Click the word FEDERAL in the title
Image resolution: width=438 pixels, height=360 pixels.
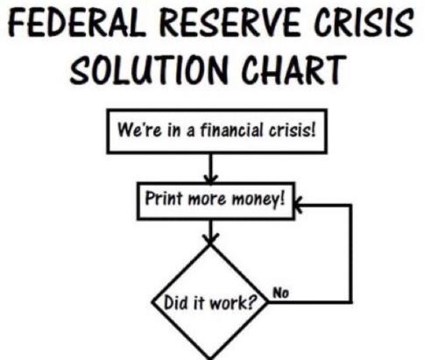point(76,23)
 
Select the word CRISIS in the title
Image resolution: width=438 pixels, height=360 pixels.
point(364,22)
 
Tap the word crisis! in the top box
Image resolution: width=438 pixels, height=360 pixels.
point(293,130)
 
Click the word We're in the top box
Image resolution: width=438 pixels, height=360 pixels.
point(139,130)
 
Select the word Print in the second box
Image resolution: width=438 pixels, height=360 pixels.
point(164,198)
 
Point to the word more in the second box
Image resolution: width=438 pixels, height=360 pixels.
point(207,200)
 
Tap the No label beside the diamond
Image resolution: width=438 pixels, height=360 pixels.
point(280,293)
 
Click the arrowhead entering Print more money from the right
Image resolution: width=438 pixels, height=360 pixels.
point(298,205)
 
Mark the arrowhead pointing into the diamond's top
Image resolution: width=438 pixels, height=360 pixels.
point(210,239)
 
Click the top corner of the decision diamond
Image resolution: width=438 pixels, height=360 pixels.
point(210,245)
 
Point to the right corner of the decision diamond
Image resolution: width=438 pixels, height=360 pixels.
point(267,302)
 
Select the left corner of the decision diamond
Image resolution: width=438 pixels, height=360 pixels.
point(152,302)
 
